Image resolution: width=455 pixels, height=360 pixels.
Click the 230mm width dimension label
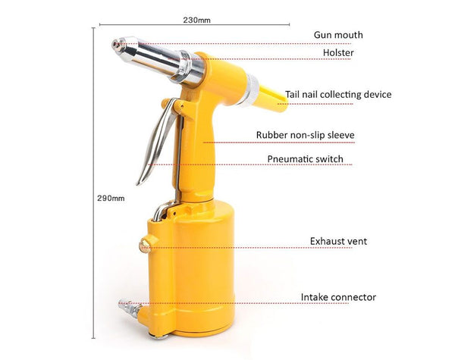196,20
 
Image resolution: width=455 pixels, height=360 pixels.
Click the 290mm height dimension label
111,198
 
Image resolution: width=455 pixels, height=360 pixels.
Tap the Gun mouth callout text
338,35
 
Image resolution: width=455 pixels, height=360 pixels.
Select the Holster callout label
338,53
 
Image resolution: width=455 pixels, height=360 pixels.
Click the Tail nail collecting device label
338,95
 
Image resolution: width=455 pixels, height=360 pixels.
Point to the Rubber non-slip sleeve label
306,135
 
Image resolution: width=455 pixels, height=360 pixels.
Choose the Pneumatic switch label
306,159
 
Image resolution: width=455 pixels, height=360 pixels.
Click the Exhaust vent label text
338,241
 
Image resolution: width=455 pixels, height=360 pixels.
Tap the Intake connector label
338,297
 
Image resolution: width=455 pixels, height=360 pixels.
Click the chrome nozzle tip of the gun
118,45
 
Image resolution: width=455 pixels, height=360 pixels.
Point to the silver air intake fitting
130,308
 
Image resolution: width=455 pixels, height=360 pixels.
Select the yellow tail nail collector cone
272,98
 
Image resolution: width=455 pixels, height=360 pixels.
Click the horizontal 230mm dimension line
194,25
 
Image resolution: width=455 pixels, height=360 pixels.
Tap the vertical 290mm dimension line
93,183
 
